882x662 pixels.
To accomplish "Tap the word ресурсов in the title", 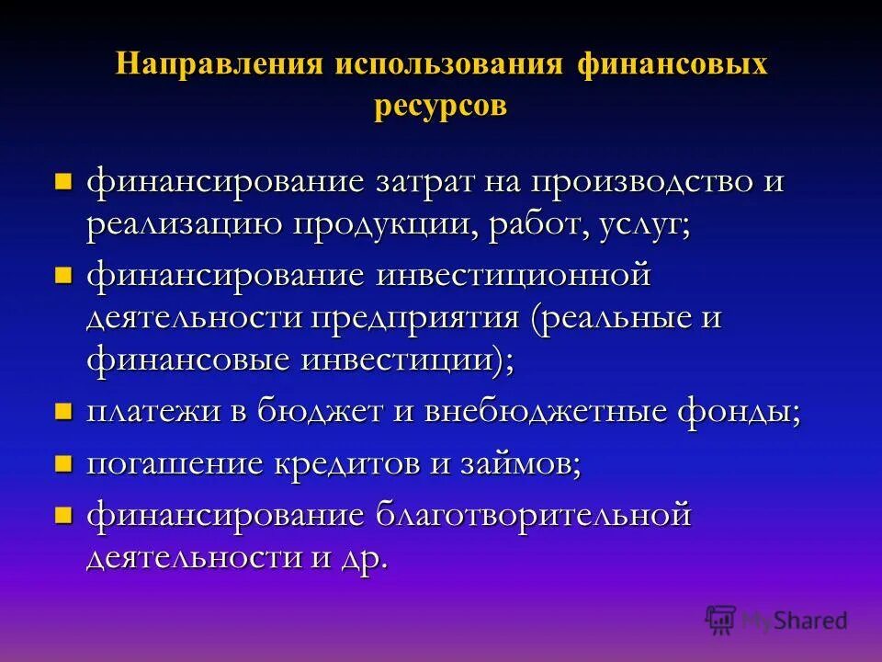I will tap(441, 106).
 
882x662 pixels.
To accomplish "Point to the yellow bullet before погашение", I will tap(63, 462).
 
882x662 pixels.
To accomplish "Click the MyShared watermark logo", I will tap(776, 620).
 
